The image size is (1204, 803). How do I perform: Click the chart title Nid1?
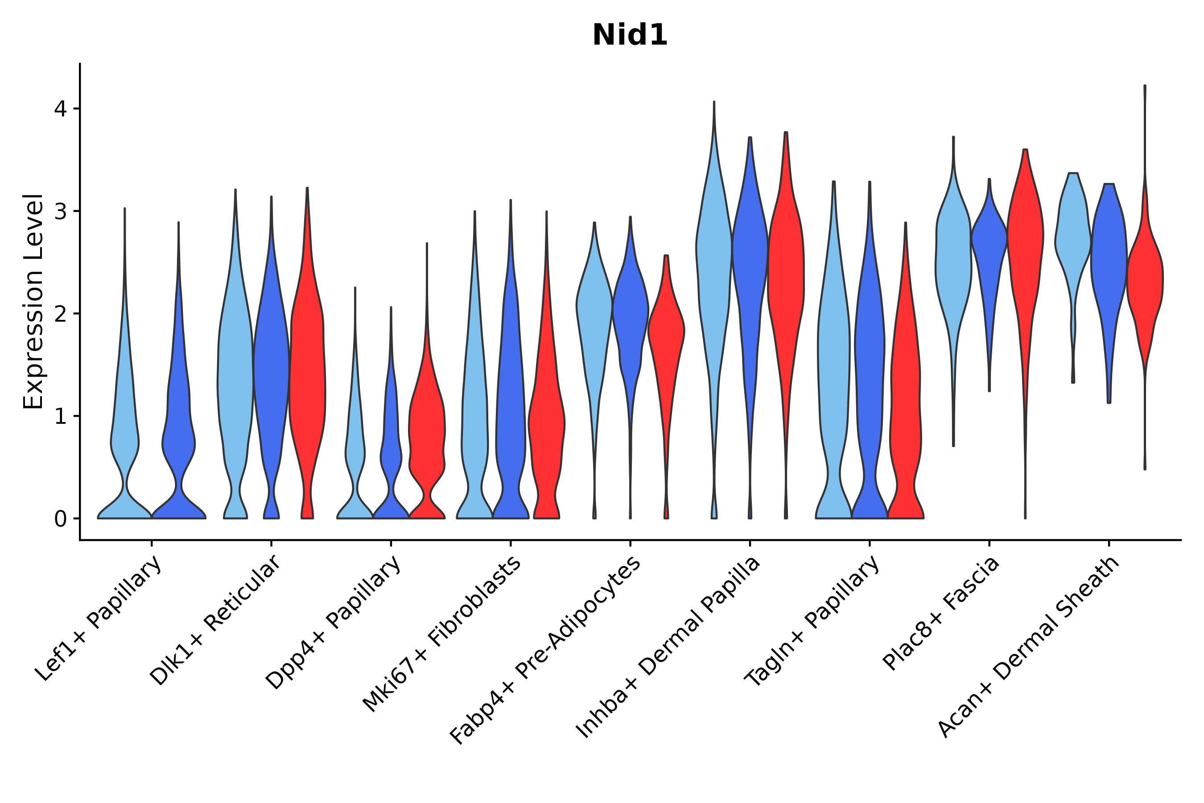[630, 35]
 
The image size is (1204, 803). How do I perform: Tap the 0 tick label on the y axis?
[60, 519]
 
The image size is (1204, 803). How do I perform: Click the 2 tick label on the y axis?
[60, 314]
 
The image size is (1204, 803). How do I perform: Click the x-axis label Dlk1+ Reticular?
[216, 621]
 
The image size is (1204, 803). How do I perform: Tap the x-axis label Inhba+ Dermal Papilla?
[668, 648]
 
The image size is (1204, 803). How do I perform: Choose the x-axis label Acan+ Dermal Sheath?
[1029, 647]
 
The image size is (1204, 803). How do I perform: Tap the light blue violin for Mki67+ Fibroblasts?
[474, 410]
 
